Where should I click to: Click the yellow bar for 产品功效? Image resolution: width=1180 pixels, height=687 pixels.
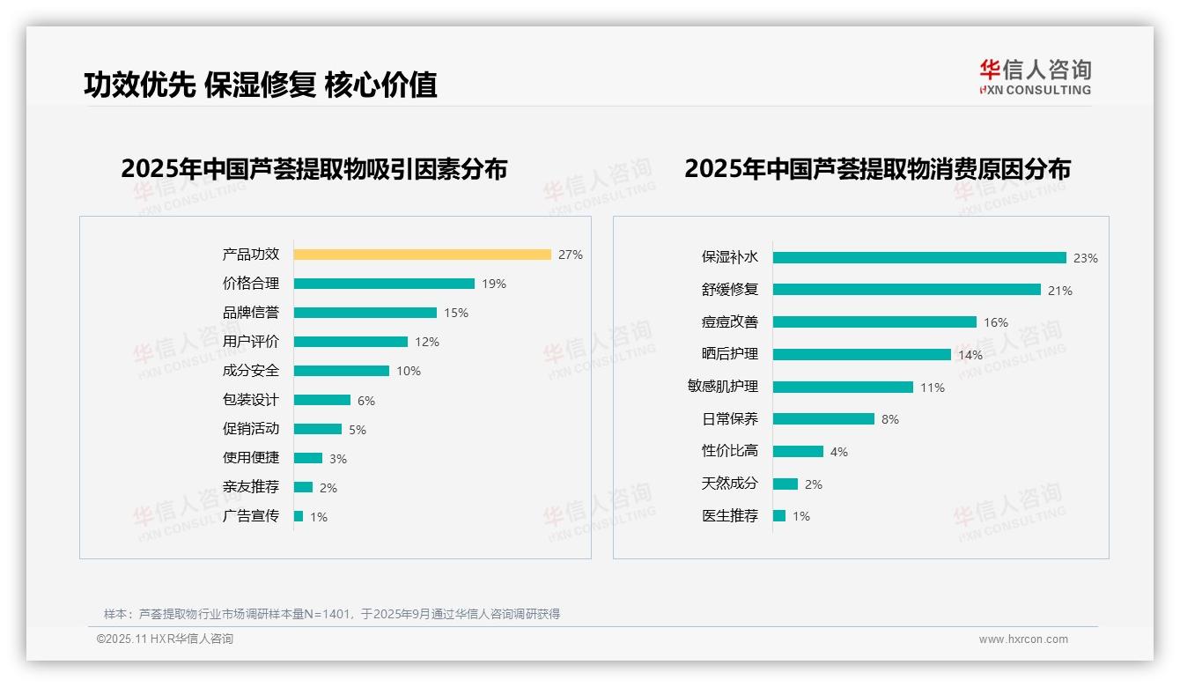point(422,255)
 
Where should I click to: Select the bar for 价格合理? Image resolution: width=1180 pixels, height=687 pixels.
point(384,284)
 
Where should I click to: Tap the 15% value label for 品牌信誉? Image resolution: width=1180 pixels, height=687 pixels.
point(456,313)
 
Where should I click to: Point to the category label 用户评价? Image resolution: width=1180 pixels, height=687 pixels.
point(250,342)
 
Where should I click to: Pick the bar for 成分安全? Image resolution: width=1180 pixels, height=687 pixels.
point(341,371)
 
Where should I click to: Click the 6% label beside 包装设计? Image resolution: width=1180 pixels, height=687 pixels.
point(366,401)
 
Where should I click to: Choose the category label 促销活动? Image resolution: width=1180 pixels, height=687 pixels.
point(250,429)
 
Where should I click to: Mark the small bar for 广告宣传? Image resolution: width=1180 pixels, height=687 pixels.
point(299,516)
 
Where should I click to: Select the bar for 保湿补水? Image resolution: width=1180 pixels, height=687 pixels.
point(919,258)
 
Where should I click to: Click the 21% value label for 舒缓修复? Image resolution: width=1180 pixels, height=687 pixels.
point(1059,291)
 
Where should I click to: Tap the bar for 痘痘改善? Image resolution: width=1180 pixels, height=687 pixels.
point(874,322)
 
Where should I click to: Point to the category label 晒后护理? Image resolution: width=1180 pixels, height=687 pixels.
point(729,354)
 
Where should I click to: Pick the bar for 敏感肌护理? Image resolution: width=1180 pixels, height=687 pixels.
point(843,387)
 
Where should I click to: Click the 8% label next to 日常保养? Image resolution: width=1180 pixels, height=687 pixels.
point(890,419)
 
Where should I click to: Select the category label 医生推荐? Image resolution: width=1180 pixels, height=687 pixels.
point(729,516)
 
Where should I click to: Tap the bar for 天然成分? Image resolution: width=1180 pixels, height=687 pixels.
point(785,484)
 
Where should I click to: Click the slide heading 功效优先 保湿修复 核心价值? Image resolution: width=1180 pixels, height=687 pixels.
point(261,85)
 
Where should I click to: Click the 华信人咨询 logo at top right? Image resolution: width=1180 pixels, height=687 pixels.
point(1035,77)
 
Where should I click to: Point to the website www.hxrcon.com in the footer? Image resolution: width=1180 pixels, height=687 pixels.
point(1023,639)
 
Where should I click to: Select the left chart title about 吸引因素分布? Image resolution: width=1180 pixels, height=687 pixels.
point(313,168)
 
